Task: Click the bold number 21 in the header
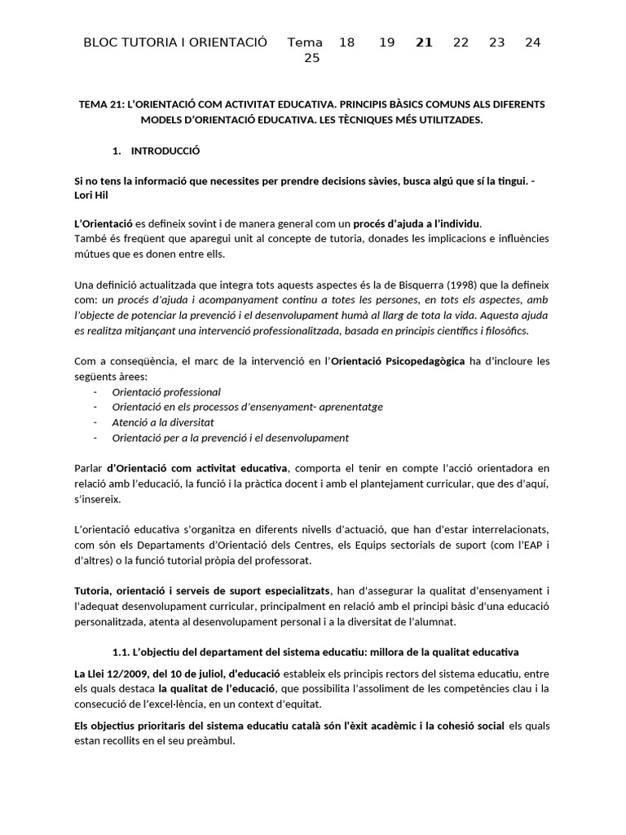click(424, 42)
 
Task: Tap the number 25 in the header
click(311, 58)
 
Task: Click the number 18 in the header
click(346, 42)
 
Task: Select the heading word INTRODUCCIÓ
click(165, 151)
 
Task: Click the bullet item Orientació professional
click(166, 391)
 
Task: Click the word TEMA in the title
click(92, 104)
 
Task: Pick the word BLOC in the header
click(101, 42)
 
